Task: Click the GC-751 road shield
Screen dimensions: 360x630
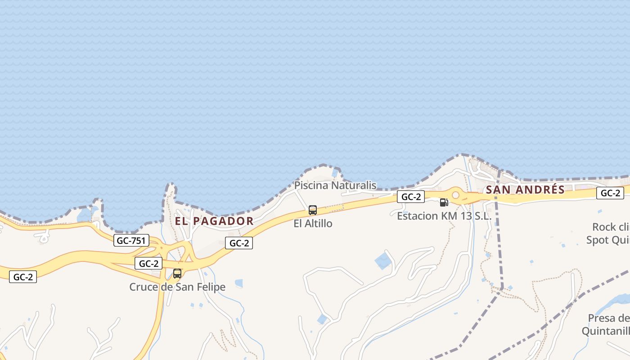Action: [x=131, y=240]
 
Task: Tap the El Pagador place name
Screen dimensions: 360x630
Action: [x=214, y=221]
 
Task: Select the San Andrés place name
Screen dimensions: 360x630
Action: [x=525, y=189]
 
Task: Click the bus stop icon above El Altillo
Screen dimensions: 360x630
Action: [x=313, y=210]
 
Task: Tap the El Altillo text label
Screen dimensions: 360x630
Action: [x=313, y=223]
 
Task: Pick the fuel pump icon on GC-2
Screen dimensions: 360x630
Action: [x=444, y=202]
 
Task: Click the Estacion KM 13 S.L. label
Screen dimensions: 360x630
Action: [x=444, y=216]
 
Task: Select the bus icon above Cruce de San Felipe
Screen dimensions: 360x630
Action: [x=177, y=273]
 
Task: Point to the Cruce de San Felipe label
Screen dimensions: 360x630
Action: [x=177, y=287]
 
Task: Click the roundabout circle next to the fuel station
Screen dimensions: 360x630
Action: [x=455, y=195]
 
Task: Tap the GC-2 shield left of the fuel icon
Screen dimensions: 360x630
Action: [x=411, y=197]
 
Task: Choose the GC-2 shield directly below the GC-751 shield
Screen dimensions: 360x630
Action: [x=148, y=263]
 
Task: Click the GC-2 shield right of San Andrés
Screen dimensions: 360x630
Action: [x=610, y=193]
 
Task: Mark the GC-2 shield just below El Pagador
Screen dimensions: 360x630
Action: [x=239, y=243]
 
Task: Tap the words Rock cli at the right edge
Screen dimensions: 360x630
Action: [x=611, y=227]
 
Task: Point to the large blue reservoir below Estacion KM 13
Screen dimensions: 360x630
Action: [x=383, y=261]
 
